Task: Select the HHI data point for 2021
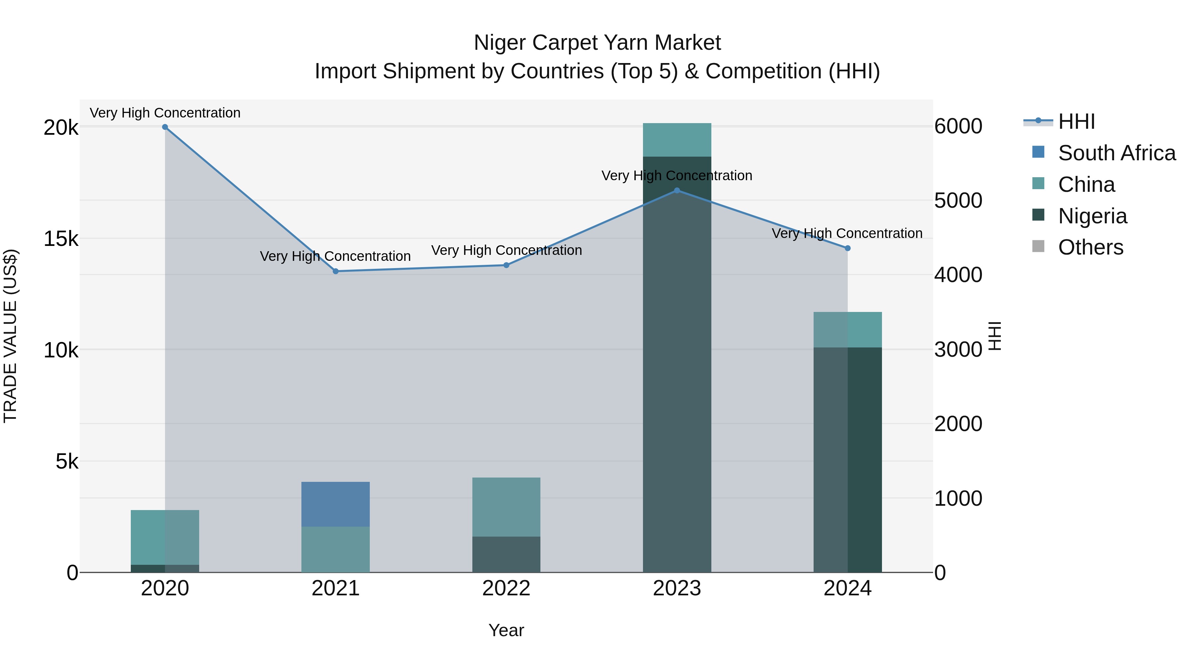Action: pos(335,271)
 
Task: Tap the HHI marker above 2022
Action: pos(506,265)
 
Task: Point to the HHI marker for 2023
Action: pos(677,190)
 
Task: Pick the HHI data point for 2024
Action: pos(847,248)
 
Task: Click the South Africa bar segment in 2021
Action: pos(335,504)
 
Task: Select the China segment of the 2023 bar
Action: pos(677,140)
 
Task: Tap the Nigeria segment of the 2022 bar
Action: pos(506,554)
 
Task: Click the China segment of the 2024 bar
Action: pos(847,330)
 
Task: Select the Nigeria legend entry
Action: pos(1092,216)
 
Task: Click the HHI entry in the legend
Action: pos(1076,121)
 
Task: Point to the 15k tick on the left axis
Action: pos(61,239)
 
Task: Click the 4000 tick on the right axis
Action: pos(958,275)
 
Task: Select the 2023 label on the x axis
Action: pos(677,588)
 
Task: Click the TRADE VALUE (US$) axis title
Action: pos(10,336)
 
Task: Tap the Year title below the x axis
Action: pos(506,630)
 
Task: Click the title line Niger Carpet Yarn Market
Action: pos(597,43)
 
